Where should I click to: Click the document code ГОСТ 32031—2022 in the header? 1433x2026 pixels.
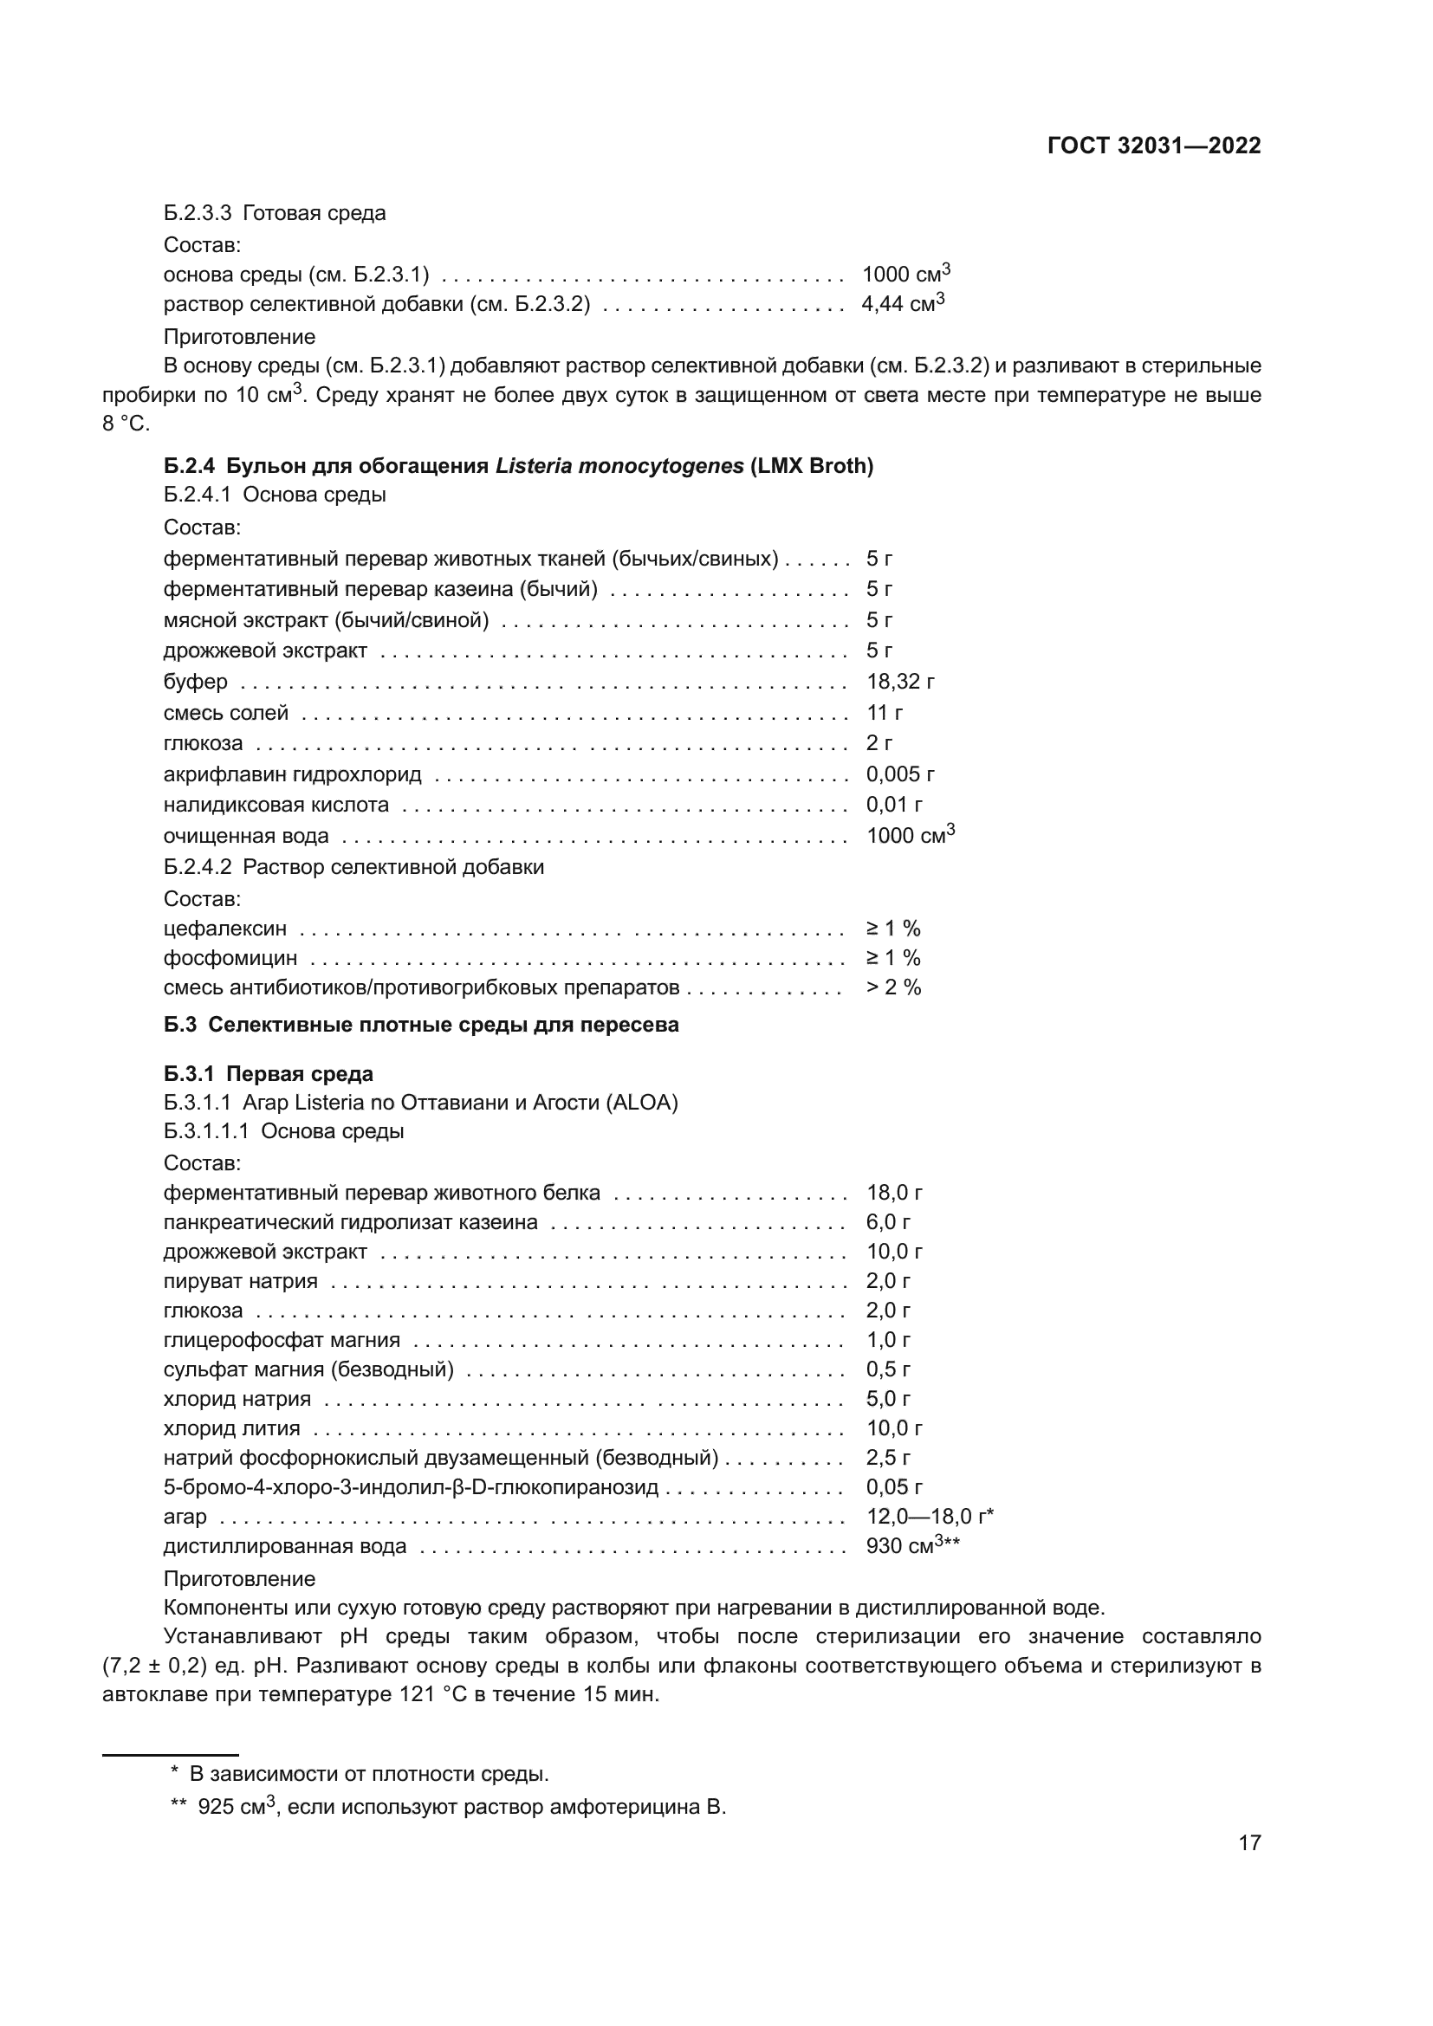[x=1153, y=146]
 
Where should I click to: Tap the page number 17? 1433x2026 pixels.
[x=1248, y=1842]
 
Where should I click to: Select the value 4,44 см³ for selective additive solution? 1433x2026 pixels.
[x=902, y=303]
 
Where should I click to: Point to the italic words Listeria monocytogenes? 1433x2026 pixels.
[x=619, y=466]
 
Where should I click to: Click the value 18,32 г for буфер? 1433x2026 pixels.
[x=899, y=681]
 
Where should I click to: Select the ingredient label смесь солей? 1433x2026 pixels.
[x=226, y=712]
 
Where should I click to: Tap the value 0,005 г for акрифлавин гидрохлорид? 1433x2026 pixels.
[x=899, y=774]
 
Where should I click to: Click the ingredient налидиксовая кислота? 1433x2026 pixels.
[x=276, y=805]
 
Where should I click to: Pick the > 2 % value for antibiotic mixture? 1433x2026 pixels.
[x=893, y=987]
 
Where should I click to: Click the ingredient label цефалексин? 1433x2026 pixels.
[x=225, y=929]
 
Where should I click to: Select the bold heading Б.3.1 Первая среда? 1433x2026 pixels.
[x=269, y=1074]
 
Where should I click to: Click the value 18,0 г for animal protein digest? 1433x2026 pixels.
[x=894, y=1193]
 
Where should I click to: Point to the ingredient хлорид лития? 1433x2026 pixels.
[x=232, y=1427]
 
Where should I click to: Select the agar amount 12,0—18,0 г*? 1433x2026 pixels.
[x=929, y=1516]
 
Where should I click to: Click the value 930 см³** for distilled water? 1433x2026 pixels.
[x=912, y=1546]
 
